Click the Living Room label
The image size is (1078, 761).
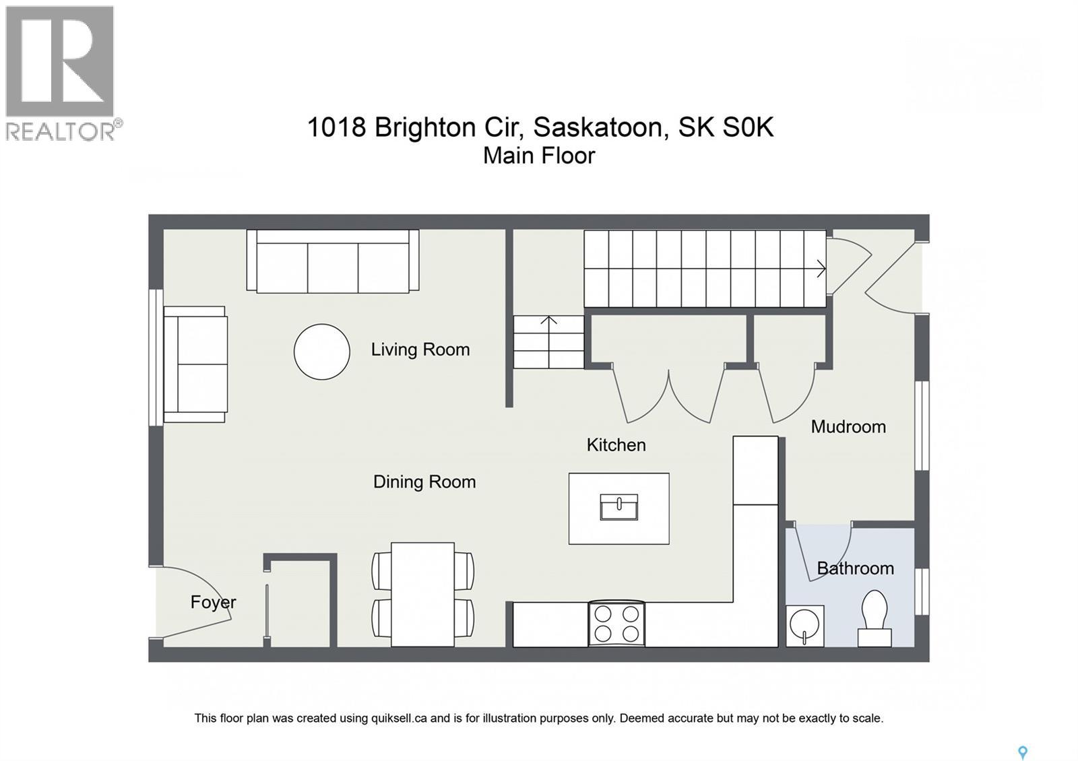point(420,350)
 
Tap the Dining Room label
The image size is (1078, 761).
point(424,482)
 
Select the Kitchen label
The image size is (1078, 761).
point(616,444)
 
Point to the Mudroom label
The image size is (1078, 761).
point(848,426)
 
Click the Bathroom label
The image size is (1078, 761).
point(855,568)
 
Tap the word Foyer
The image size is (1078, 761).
point(213,602)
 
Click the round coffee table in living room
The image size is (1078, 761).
point(322,352)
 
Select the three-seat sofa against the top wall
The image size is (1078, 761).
point(333,263)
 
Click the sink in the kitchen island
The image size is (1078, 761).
point(619,507)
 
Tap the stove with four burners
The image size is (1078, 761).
point(616,624)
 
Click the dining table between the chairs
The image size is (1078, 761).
point(422,594)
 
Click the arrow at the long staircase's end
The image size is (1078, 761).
point(821,269)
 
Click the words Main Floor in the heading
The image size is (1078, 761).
point(539,156)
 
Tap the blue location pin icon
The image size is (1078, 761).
point(1022,752)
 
